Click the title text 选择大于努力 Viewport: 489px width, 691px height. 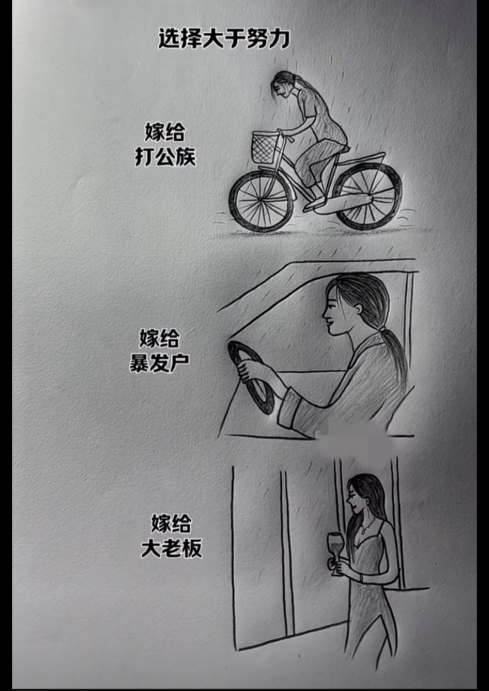pyautogui.click(x=224, y=39)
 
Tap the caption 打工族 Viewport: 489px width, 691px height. pyautogui.click(x=165, y=157)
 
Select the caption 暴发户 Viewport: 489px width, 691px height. pyautogui.click(x=159, y=362)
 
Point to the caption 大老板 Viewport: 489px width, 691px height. pyautogui.click(x=171, y=547)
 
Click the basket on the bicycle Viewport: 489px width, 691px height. pyautogui.click(x=265, y=147)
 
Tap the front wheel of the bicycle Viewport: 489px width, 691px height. pyautogui.click(x=261, y=201)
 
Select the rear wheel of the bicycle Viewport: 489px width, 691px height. pyautogui.click(x=368, y=197)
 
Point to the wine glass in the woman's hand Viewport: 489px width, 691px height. pyautogui.click(x=336, y=553)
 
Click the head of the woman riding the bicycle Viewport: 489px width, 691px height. pyautogui.click(x=283, y=85)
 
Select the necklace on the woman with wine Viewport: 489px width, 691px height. pyautogui.click(x=367, y=526)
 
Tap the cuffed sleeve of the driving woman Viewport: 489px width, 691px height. pyautogui.click(x=291, y=408)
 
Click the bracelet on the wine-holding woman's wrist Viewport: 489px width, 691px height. pyautogui.click(x=362, y=577)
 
